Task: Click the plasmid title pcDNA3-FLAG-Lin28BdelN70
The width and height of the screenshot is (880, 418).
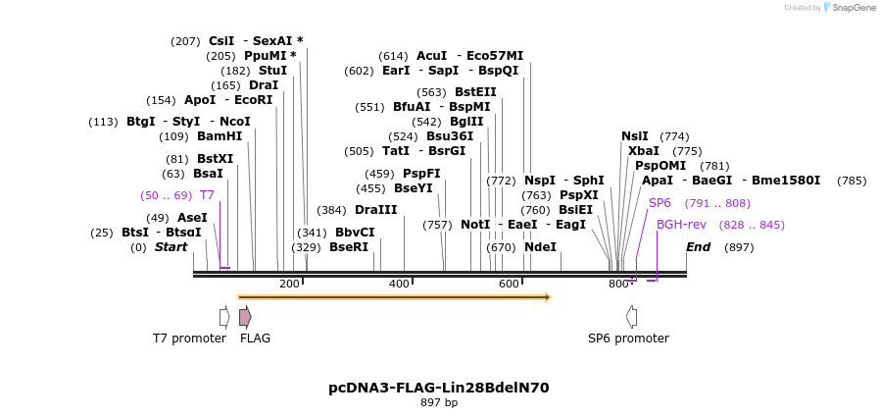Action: point(438,388)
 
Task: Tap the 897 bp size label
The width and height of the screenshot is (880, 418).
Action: point(438,402)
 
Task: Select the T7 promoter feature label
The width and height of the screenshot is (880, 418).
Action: point(190,338)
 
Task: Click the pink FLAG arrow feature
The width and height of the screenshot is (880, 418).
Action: point(245,317)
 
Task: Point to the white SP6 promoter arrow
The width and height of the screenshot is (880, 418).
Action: point(632,316)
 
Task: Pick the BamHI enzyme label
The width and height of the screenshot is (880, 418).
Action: point(220,136)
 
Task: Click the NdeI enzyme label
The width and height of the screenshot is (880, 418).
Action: point(540,247)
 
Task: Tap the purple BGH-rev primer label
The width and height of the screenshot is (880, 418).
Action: point(681,225)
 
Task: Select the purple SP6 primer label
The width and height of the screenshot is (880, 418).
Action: point(660,203)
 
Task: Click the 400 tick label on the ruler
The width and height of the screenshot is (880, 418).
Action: point(399,284)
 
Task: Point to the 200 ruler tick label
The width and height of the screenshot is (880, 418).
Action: point(289,284)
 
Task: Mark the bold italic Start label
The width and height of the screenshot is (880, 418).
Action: point(171,247)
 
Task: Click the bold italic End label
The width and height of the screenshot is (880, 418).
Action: point(698,247)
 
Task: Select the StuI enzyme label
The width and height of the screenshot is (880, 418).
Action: point(273,71)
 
